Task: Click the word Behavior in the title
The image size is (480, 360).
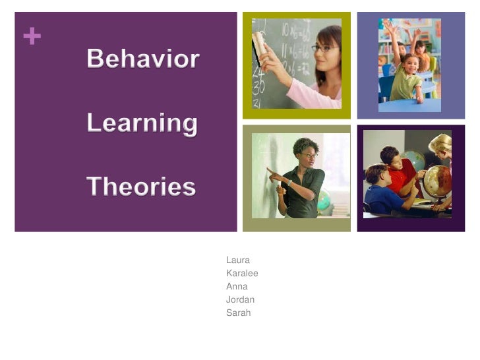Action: point(142,60)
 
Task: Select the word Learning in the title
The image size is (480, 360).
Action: point(142,123)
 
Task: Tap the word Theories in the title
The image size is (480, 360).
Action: point(141,187)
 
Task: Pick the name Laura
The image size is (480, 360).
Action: point(237,260)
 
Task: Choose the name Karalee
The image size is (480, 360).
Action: point(242,274)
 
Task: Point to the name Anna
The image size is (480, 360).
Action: point(237,287)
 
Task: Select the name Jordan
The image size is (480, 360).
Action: point(240,300)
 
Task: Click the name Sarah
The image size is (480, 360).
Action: point(238,313)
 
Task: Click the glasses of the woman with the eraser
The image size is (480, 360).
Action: point(324,48)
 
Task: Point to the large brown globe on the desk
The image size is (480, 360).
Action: point(437,181)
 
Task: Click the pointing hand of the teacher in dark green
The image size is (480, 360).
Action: point(271,172)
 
